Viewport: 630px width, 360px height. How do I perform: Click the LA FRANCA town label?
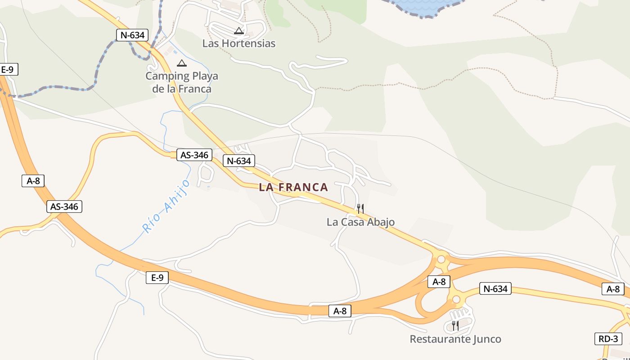point(293,187)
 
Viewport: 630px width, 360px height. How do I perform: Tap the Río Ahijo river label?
point(166,206)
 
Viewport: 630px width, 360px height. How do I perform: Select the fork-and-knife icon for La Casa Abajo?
point(360,208)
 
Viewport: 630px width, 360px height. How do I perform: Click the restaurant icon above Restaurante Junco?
point(455,325)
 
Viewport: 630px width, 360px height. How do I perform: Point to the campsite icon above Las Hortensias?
point(239,31)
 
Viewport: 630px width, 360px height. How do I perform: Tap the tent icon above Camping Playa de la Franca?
point(181,63)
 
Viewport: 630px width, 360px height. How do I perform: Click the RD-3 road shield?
point(608,339)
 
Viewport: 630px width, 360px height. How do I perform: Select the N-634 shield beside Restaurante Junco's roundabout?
point(495,289)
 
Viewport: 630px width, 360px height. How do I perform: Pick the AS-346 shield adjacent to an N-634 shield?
point(194,155)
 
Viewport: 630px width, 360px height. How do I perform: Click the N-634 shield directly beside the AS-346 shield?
point(239,161)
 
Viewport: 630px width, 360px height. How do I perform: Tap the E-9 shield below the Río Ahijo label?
point(157,278)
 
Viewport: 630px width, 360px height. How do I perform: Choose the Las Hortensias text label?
point(238,44)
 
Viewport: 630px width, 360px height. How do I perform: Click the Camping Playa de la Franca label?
point(181,82)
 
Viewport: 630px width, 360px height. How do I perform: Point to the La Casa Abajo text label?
point(360,222)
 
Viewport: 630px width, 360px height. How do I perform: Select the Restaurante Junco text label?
point(455,339)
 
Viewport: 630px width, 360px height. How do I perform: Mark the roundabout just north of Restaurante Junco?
point(456,299)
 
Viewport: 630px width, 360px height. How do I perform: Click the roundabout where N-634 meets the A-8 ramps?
point(441,259)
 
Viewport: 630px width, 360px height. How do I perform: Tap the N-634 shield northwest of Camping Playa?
point(132,35)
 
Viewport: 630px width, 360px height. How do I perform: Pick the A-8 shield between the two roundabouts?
point(439,282)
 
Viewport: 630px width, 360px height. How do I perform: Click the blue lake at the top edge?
point(423,5)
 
